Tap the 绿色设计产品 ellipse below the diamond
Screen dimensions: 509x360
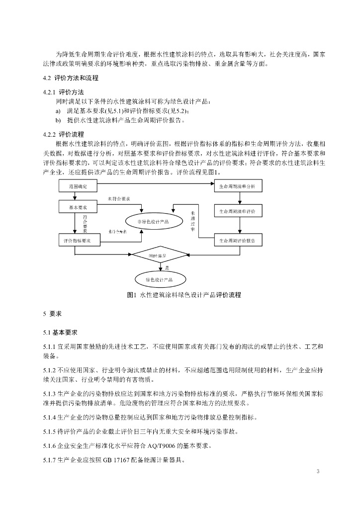tap(159, 279)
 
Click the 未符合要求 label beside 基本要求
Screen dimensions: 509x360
tap(119, 199)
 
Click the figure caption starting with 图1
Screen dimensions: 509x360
tap(184, 295)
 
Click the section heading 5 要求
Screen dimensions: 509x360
tap(52, 314)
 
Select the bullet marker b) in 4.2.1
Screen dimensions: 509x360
tap(58, 120)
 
